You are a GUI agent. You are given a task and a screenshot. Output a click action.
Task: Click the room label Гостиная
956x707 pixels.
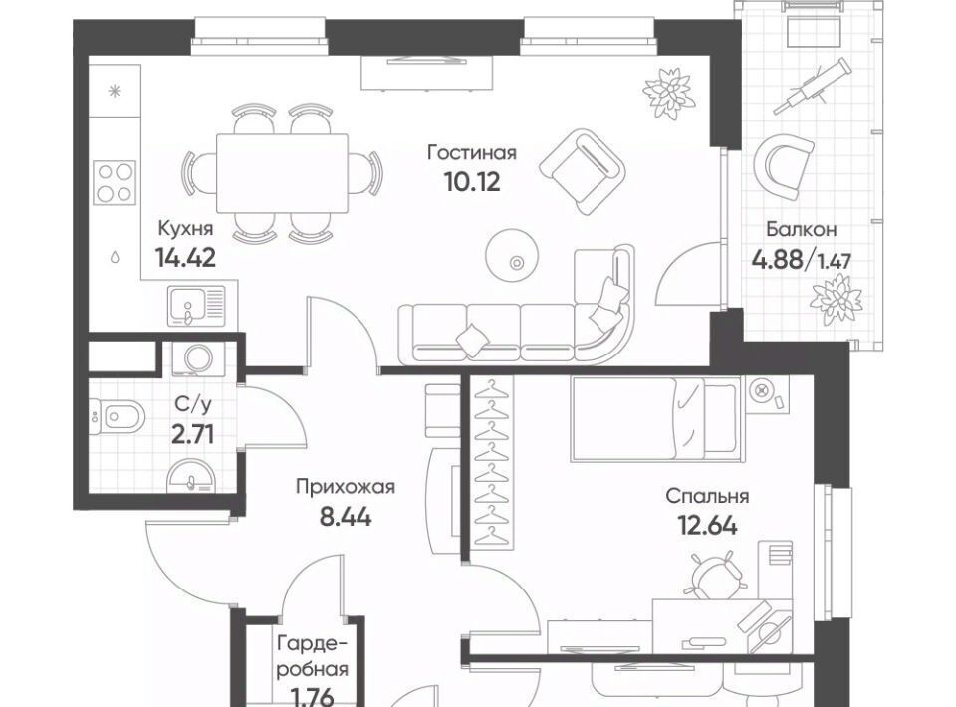(x=471, y=152)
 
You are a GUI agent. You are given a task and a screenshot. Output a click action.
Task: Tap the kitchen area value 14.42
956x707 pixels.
(x=185, y=257)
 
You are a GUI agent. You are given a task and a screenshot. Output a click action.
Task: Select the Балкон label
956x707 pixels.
(x=801, y=230)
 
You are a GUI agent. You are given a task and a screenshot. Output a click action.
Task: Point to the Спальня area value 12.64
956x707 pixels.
(x=707, y=525)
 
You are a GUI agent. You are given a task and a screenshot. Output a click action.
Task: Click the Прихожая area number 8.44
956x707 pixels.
(x=346, y=517)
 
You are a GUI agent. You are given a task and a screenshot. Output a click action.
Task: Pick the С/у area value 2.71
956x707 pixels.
(x=192, y=435)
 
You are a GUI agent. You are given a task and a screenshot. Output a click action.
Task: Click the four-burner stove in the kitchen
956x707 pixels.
(x=114, y=182)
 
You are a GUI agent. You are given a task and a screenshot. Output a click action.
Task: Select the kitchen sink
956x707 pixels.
(x=196, y=304)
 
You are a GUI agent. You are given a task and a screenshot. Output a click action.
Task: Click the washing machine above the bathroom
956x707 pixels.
(x=199, y=357)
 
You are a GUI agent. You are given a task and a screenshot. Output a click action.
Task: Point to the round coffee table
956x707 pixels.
(x=512, y=255)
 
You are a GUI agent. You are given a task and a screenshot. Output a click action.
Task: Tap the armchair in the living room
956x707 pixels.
(x=583, y=171)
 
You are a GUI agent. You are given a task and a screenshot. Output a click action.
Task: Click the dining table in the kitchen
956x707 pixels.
(x=282, y=173)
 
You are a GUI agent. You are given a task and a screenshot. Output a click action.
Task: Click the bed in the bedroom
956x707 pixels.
(x=657, y=418)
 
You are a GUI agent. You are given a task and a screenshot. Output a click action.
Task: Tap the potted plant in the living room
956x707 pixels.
(x=669, y=92)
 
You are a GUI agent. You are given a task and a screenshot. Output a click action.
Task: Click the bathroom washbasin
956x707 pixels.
(x=191, y=477)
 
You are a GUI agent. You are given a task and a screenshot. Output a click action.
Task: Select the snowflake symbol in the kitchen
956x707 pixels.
(x=114, y=92)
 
